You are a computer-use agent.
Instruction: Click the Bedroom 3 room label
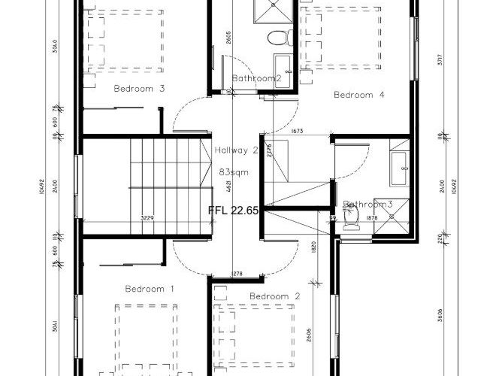(139, 89)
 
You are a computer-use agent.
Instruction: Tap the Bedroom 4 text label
(359, 95)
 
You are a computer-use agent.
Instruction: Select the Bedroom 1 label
(150, 289)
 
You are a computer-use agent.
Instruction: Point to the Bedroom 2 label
(275, 296)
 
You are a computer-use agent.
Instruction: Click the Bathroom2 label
(256, 78)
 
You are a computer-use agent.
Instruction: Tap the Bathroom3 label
(368, 205)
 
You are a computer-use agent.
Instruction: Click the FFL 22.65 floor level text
(233, 211)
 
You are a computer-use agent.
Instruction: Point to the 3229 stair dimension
(147, 218)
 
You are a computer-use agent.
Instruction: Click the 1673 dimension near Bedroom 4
(298, 132)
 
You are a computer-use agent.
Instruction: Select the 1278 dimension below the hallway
(237, 273)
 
